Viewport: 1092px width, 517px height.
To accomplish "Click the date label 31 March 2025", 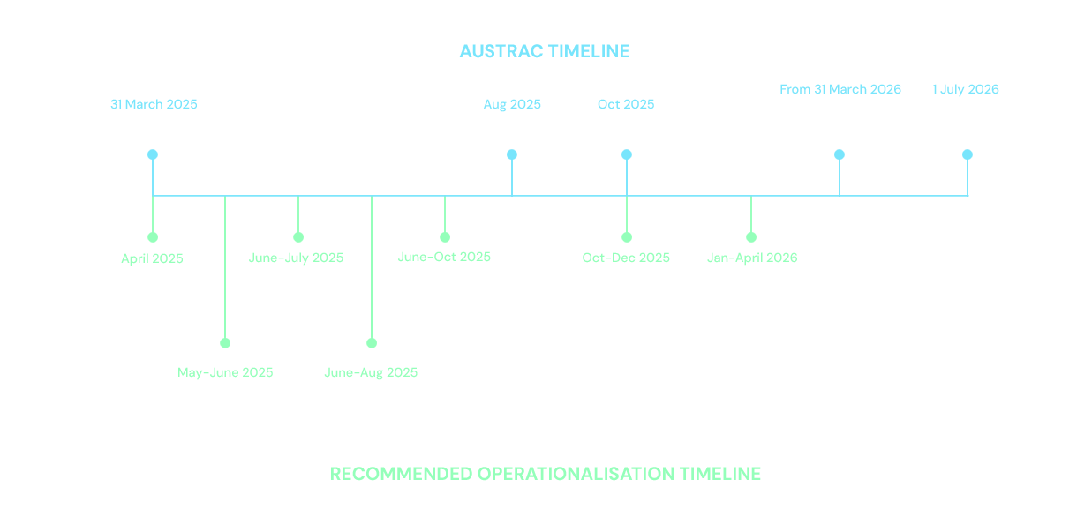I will click(x=154, y=105).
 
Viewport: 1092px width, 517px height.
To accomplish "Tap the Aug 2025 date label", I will click(x=512, y=105).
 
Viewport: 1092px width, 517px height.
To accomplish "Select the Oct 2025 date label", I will click(x=626, y=105).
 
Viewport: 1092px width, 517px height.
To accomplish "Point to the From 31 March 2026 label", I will click(x=840, y=89).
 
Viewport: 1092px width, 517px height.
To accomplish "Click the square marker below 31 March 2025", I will click(x=153, y=154).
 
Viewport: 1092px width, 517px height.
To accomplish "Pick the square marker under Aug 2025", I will click(x=512, y=154).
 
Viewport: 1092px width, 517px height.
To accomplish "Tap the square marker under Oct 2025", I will click(x=627, y=154).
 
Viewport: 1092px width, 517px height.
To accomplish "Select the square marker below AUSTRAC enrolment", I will click(x=840, y=154).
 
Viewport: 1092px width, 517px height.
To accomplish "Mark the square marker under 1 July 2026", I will click(x=968, y=154).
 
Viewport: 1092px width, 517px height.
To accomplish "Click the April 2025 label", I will click(x=152, y=258).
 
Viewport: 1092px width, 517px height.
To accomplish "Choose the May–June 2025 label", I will click(x=225, y=372).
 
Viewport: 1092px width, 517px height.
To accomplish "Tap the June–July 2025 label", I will click(x=297, y=258).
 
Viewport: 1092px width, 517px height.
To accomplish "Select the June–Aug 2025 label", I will click(x=371, y=372).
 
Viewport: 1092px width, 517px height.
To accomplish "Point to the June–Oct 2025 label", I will click(x=444, y=257).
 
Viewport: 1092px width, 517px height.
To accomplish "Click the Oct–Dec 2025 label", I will click(x=626, y=258).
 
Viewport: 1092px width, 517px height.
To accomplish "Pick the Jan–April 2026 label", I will click(x=752, y=258).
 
